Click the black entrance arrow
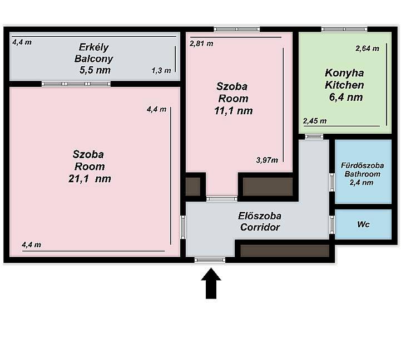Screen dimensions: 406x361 point(211,283)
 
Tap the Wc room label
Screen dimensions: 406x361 point(363,225)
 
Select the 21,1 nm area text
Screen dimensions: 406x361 point(90,179)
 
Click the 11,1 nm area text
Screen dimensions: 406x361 point(233,111)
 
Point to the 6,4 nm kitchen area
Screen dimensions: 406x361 point(346,97)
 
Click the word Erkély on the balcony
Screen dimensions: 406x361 point(93,47)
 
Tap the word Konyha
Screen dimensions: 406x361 point(344,73)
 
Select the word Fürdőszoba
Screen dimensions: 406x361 point(362,165)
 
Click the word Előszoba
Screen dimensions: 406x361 point(259,216)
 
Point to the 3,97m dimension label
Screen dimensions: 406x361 point(267,160)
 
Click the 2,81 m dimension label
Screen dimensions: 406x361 point(201,43)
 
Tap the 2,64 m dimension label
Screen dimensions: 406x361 point(367,48)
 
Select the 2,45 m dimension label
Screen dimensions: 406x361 point(315,121)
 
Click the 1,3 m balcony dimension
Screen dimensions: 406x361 point(161,70)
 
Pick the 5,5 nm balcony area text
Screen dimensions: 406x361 point(95,70)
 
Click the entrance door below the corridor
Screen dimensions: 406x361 point(210,260)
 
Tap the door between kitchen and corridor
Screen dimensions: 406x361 point(314,136)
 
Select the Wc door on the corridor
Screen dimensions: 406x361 point(332,224)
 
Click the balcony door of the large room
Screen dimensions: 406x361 point(76,84)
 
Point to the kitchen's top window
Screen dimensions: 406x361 point(344,30)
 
